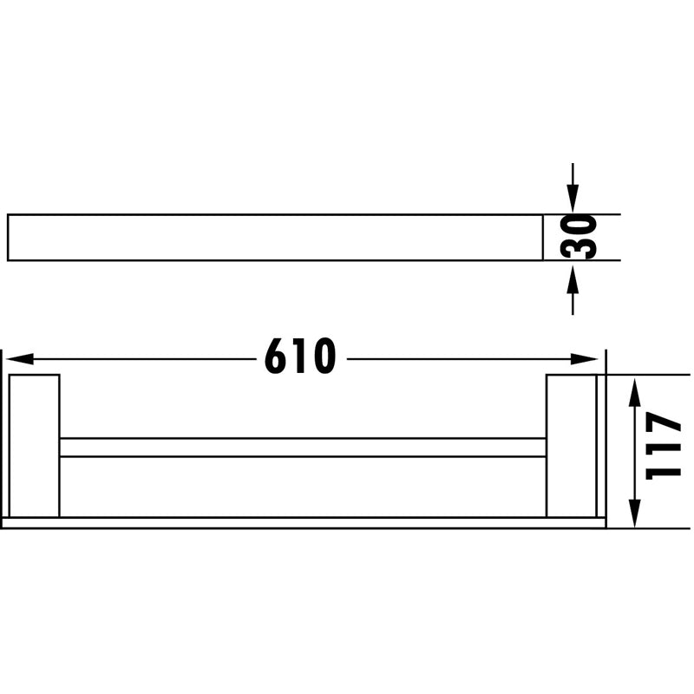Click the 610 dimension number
click(300, 357)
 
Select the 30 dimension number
click(578, 237)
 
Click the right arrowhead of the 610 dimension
click(584, 359)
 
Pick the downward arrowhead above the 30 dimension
click(573, 200)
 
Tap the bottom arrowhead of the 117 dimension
click(635, 513)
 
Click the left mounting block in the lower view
click(35, 445)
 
